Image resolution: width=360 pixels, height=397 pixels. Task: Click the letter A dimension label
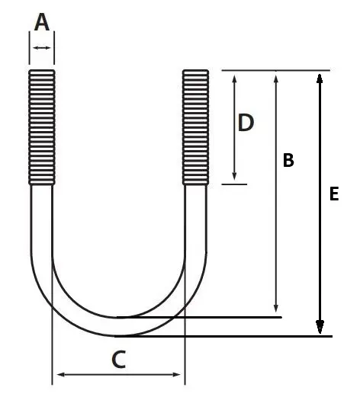[42, 22]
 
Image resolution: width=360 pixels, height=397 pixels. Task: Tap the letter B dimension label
[288, 160]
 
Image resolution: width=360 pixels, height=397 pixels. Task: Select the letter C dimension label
[119, 360]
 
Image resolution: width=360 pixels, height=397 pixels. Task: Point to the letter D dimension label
[246, 123]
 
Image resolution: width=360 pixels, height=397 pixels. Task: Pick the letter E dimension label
[334, 194]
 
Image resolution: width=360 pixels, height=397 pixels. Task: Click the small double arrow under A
[42, 47]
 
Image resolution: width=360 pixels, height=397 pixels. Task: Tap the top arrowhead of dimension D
[234, 78]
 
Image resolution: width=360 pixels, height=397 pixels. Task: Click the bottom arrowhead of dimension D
[234, 176]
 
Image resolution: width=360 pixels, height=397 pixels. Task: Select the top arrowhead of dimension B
[276, 78]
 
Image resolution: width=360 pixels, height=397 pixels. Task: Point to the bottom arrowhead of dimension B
[276, 309]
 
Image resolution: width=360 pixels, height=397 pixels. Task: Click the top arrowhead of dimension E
[320, 78]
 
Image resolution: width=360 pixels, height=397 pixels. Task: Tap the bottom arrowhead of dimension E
[320, 327]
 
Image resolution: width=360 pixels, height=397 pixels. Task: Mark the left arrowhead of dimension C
[61, 374]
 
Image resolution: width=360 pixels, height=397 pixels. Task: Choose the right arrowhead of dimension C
[176, 374]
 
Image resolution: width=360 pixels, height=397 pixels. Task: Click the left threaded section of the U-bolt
[42, 127]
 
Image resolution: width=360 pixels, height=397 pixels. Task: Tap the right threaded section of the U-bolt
[195, 127]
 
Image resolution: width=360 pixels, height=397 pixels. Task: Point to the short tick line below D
[234, 184]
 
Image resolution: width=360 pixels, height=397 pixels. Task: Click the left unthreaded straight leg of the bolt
[42, 219]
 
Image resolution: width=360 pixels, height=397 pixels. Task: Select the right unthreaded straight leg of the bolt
[195, 219]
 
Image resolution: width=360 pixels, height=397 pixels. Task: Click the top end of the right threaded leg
[195, 70]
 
